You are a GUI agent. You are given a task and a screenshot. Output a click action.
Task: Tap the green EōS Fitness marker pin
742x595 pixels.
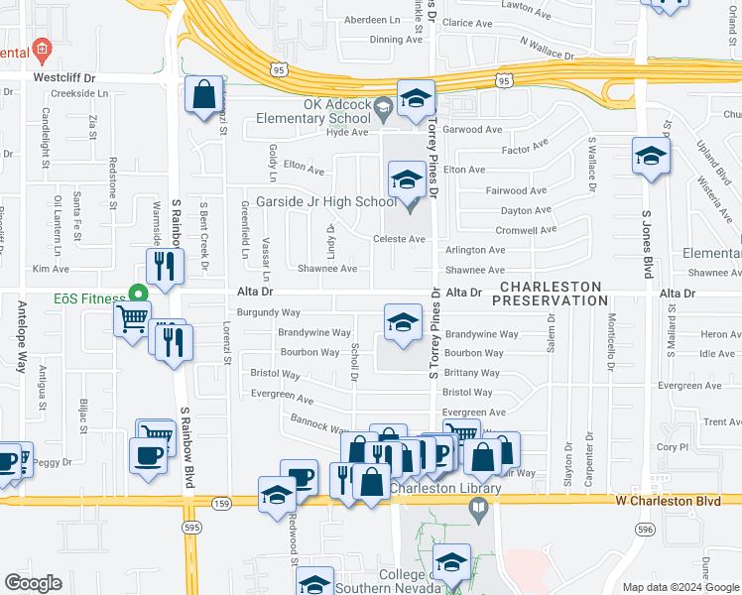pos(138,294)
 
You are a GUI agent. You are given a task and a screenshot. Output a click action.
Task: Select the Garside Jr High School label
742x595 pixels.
pos(326,202)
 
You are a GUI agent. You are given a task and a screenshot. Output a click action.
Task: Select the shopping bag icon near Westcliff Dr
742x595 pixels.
pos(204,96)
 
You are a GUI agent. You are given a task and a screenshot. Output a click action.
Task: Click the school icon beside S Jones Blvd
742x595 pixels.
pos(651,157)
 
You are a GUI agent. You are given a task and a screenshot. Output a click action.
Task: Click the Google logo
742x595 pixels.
pos(33,583)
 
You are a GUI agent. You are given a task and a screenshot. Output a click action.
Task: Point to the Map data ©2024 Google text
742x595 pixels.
pos(680,587)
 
